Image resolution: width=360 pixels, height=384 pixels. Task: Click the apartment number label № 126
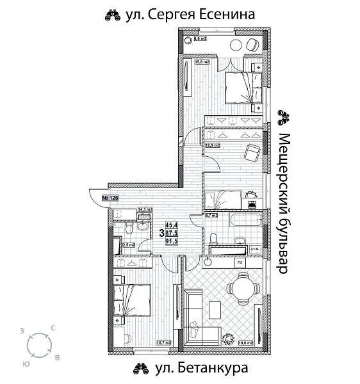tap(110, 198)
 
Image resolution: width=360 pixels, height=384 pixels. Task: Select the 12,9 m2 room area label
tap(212, 145)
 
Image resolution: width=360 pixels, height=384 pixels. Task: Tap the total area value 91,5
tap(172, 241)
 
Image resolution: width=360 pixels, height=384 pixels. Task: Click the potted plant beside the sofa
tap(229, 337)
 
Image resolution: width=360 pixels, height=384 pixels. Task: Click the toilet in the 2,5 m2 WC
tap(128, 228)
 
